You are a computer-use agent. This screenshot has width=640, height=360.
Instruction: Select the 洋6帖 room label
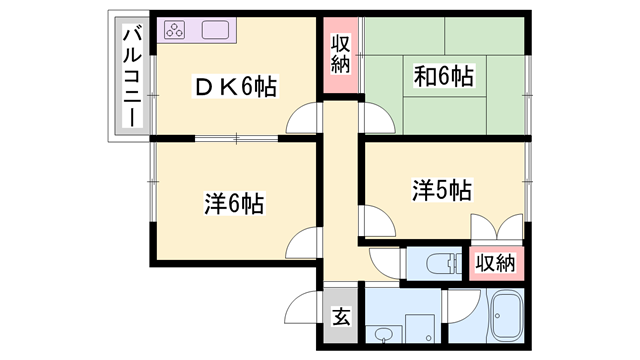(x=234, y=204)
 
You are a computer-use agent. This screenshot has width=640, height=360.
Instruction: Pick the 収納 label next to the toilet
(x=494, y=263)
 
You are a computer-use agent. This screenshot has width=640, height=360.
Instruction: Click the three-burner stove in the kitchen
(x=176, y=30)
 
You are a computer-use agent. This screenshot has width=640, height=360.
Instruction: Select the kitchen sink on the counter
(x=217, y=30)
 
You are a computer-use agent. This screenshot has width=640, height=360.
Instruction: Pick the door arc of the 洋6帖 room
(x=303, y=243)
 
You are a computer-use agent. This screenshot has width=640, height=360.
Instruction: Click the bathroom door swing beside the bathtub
(x=461, y=306)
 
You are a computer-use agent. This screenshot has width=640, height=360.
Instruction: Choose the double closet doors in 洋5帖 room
(x=496, y=228)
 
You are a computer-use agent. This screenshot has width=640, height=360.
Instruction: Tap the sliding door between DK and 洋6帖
(x=237, y=136)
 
